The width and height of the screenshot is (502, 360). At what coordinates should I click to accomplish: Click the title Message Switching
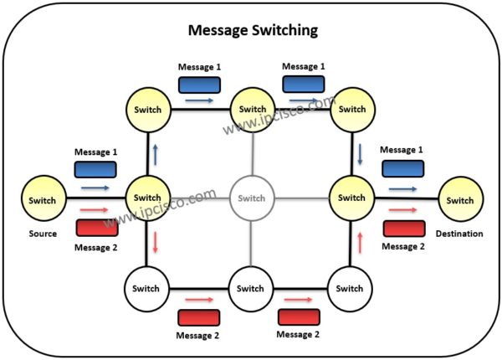[x=251, y=32]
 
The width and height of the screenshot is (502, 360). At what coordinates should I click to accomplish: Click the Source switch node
[x=43, y=201]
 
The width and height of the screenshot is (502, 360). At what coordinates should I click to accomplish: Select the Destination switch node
[x=459, y=201]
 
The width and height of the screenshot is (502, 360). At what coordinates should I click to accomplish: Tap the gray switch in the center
[x=251, y=198]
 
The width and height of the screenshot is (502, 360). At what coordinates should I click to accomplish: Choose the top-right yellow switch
[x=351, y=110]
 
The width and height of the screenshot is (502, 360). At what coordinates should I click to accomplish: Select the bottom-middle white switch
[x=250, y=289]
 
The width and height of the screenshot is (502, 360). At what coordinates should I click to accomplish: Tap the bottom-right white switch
[x=350, y=289]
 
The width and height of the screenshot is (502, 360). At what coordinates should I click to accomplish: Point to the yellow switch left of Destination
[x=351, y=198]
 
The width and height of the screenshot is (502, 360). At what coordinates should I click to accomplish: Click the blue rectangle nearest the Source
[x=95, y=170]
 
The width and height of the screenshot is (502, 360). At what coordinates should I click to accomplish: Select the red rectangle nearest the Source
[x=96, y=228]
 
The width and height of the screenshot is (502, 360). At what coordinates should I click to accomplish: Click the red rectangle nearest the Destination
[x=403, y=229]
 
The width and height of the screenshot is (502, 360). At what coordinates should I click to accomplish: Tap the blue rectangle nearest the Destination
[x=402, y=169]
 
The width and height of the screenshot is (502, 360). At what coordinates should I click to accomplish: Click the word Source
[x=42, y=234]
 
